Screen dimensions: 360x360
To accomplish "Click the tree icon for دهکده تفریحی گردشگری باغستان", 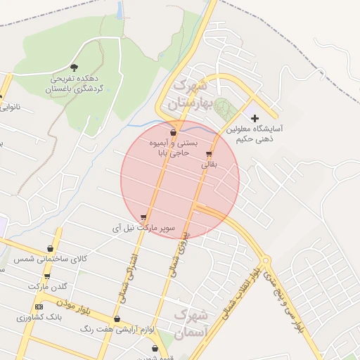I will click(75, 67).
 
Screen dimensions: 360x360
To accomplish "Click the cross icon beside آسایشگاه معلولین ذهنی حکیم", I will click(255, 118).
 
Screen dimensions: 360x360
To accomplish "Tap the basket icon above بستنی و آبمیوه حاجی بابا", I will click(173, 132).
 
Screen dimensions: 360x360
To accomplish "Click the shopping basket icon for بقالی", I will click(209, 155).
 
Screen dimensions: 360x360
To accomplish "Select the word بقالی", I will click(210, 165).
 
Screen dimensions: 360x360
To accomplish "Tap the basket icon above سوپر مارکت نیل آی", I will click(144, 218).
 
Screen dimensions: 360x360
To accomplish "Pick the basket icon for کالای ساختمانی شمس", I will click(50, 249).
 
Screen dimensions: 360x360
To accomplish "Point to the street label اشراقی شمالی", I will click(140, 277).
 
